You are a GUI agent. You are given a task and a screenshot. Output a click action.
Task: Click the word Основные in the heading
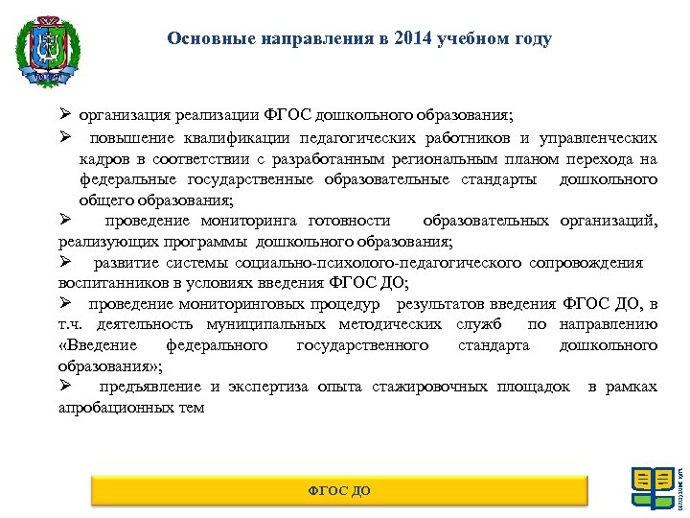click(x=202, y=39)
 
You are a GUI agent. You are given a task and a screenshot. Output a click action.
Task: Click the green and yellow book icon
click(x=652, y=487)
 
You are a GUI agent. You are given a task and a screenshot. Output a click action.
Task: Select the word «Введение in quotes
click(x=98, y=345)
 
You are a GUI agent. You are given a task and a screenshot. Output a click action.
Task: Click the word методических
click(x=395, y=324)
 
